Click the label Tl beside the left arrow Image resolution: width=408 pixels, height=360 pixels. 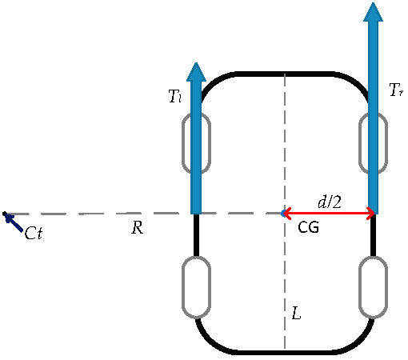pos(175,97)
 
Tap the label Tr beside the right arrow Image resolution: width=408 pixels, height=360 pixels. pos(395,90)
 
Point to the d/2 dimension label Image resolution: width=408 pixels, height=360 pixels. pos(330,202)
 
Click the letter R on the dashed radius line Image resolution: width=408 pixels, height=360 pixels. pos(137,229)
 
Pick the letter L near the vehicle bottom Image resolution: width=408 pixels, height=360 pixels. pos(296,314)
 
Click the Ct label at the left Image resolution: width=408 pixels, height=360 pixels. pos(34,234)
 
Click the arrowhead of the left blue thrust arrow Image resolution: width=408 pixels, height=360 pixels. pos(196,71)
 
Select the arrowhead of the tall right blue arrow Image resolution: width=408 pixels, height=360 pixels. pos(373,12)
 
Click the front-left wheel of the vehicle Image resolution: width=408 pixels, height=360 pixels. pos(196,142)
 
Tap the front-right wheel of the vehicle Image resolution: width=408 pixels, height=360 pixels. pos(373,142)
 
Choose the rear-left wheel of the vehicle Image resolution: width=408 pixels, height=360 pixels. pos(196,286)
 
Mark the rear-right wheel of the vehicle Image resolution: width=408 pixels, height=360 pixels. pos(373,286)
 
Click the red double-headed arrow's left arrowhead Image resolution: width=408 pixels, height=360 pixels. pos(285,213)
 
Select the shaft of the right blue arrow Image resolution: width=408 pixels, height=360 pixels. pos(373,120)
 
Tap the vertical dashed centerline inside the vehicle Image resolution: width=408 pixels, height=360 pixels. pos(285,144)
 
